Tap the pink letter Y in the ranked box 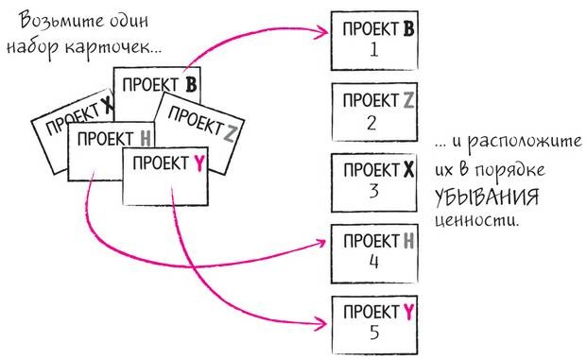pos(407,311)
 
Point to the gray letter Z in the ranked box pos(407,99)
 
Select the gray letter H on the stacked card pos(145,139)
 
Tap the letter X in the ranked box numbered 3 pos(407,170)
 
